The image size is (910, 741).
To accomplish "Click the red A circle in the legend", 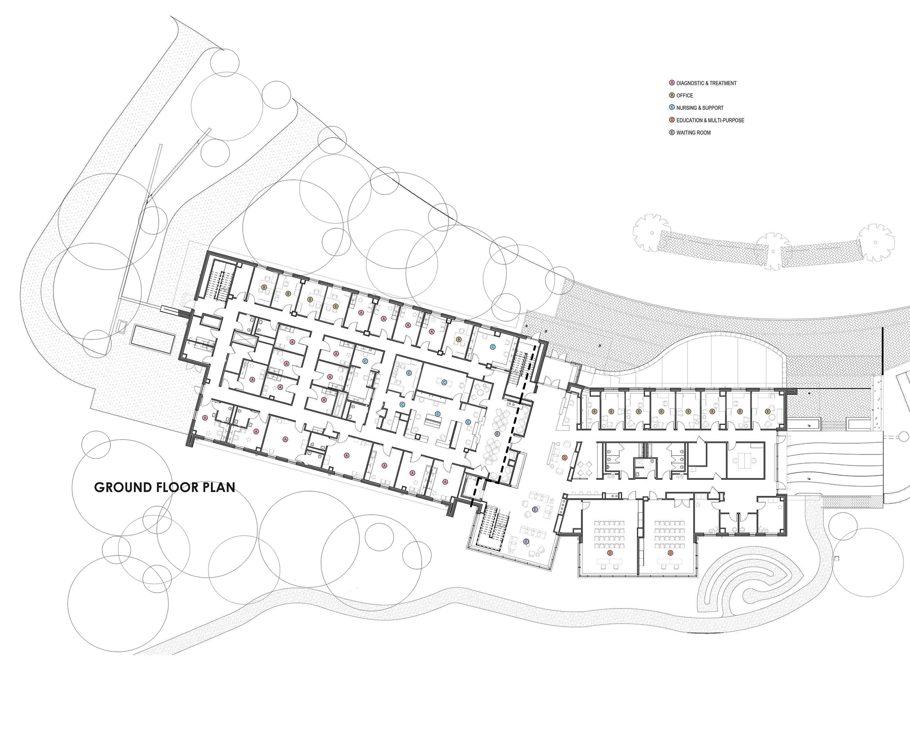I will coord(672,83).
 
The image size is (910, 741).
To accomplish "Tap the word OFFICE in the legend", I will coord(685,95).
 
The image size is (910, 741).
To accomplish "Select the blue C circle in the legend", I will coord(672,108).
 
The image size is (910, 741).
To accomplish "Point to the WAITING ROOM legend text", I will coord(694,132).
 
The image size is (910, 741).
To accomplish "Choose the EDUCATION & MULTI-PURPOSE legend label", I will coord(710,120).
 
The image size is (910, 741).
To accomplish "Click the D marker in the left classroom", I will coord(610,553).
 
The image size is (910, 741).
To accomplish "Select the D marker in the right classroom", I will coord(670,553).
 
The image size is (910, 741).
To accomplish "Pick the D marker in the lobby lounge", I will coord(565,457).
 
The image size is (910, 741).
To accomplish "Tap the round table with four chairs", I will coord(585,467).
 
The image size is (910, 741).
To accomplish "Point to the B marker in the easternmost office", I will coord(768,411).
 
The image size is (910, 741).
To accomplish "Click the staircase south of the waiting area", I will coord(493,525).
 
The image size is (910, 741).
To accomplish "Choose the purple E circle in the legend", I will coord(672,132).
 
